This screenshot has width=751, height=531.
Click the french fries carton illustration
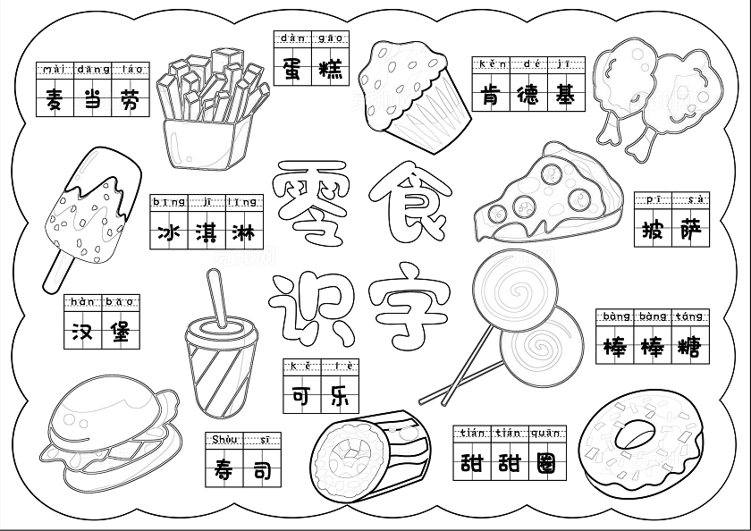[209, 109]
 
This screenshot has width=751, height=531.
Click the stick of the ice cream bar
[58, 272]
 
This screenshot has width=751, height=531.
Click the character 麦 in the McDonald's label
[55, 99]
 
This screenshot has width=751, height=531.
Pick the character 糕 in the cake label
[331, 70]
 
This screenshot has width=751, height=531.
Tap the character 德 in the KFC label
[528, 96]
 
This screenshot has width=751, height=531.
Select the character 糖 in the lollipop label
[689, 348]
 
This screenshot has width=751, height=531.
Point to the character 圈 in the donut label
[546, 463]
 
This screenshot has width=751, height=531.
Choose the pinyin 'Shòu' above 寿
[224, 439]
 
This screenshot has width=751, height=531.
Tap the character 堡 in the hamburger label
[120, 332]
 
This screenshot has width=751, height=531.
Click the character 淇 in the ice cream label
[207, 233]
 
